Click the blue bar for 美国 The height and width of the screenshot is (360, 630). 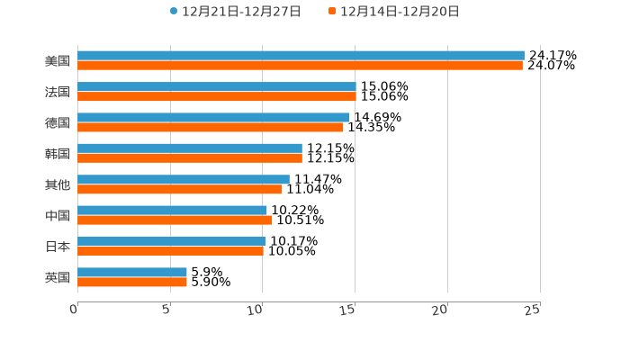tap(301, 56)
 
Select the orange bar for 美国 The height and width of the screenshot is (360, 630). tap(300, 66)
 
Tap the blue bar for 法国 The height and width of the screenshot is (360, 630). tap(216, 86)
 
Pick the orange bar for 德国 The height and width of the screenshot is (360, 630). tap(211, 127)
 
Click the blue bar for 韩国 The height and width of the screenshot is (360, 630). tap(189, 148)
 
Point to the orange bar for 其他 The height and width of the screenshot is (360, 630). tap(179, 189)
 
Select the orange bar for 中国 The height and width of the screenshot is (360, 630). tap(175, 220)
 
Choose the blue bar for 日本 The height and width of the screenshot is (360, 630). tap(171, 241)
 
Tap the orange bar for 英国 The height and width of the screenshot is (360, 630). tap(132, 282)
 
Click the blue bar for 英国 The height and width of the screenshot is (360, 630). tap(132, 272)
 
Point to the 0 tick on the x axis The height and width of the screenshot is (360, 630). tap(75, 310)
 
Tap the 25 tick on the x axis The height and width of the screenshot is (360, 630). tap(533, 310)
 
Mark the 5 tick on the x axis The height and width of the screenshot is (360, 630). tap(166, 310)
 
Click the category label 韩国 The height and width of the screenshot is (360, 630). tap(58, 154)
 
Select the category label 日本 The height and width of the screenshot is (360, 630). tap(58, 247)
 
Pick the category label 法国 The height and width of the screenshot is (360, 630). tap(58, 92)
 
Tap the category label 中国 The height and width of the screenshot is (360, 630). tap(58, 216)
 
